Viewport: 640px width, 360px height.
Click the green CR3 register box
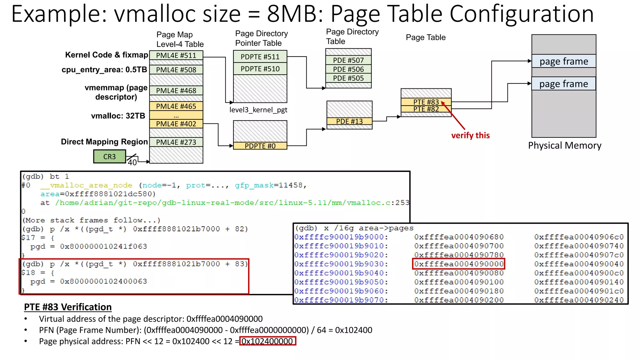(x=109, y=157)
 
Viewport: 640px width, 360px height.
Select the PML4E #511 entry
(x=176, y=55)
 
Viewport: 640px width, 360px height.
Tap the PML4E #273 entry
(x=176, y=142)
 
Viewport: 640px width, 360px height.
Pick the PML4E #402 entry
(x=176, y=124)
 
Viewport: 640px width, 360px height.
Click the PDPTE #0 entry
(x=260, y=146)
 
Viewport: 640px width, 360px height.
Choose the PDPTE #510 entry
(x=260, y=69)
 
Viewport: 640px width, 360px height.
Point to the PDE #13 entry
(x=349, y=121)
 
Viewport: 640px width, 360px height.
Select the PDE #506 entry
(x=348, y=69)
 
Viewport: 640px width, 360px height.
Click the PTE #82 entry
(x=426, y=109)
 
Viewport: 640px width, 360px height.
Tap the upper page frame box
(x=564, y=61)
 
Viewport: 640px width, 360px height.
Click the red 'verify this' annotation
(x=470, y=135)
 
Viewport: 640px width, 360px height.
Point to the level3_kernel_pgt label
(x=258, y=110)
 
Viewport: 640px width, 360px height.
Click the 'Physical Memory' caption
(x=564, y=146)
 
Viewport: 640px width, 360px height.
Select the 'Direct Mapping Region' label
(x=104, y=142)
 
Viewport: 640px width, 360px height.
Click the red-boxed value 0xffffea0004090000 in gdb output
(x=459, y=264)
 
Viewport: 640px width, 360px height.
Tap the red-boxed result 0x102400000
(x=267, y=341)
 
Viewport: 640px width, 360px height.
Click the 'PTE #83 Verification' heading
(x=68, y=307)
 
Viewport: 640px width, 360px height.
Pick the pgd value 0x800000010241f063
(x=103, y=247)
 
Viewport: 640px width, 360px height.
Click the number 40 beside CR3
(x=132, y=162)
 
